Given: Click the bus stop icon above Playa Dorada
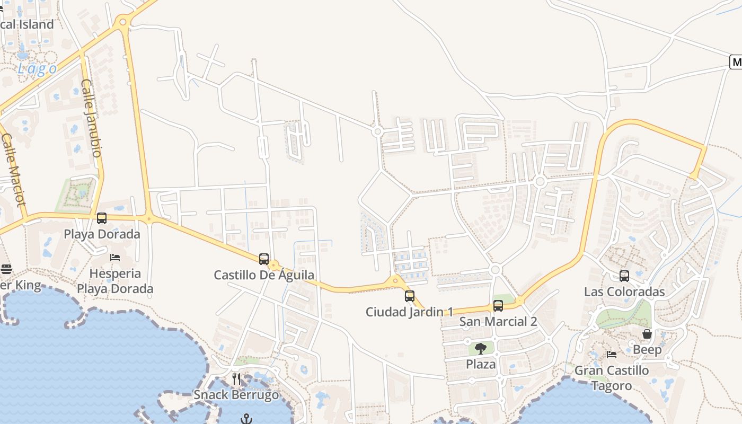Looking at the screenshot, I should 102,218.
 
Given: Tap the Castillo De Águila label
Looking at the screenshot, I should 264,275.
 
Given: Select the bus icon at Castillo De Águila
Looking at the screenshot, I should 264,259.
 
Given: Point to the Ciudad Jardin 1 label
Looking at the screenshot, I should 409,312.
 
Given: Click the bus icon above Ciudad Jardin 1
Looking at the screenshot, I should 410,296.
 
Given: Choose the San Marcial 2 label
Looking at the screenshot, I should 498,322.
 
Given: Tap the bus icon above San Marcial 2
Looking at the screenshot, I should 498,306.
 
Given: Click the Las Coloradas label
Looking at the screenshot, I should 624,292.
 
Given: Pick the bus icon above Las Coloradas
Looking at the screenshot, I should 624,276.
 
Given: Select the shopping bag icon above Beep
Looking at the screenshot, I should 647,334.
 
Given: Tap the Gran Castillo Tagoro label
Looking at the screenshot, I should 612,378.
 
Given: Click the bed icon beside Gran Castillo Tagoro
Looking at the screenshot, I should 612,354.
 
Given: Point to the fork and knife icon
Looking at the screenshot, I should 236,379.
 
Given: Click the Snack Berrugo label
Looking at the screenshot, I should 236,395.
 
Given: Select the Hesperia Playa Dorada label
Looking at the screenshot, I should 115,281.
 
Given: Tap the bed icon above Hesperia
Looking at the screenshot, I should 115,258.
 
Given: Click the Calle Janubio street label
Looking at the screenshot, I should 91,118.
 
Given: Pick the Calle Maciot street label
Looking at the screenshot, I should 13,170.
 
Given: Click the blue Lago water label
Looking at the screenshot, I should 37,69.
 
